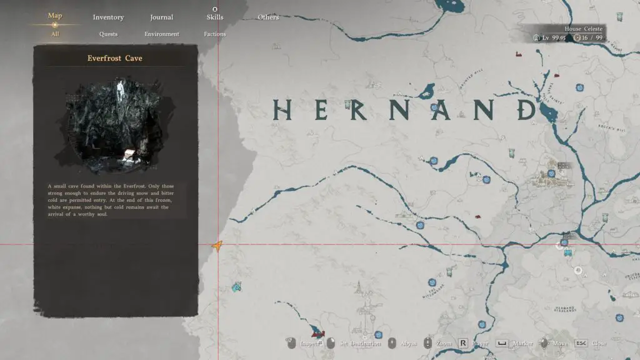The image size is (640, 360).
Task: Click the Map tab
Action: [x=55, y=16]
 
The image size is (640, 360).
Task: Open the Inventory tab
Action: [x=108, y=17]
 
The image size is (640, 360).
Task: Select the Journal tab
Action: [x=162, y=17]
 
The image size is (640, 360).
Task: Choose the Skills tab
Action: [x=215, y=17]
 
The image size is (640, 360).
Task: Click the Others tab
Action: [x=268, y=17]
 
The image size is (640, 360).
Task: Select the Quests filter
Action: [x=108, y=34]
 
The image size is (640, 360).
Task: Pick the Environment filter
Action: [x=162, y=34]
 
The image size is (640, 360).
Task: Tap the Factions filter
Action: [x=215, y=34]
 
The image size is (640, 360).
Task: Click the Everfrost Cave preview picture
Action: [x=116, y=126]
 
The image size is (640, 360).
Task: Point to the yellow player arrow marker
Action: [x=217, y=247]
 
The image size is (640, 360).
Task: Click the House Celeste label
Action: [x=584, y=29]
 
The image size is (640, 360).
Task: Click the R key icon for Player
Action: [x=463, y=343]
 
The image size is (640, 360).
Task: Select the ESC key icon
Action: [x=581, y=343]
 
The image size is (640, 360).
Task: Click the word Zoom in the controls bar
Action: [x=444, y=344]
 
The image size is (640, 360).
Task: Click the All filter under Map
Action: [x=55, y=34]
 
